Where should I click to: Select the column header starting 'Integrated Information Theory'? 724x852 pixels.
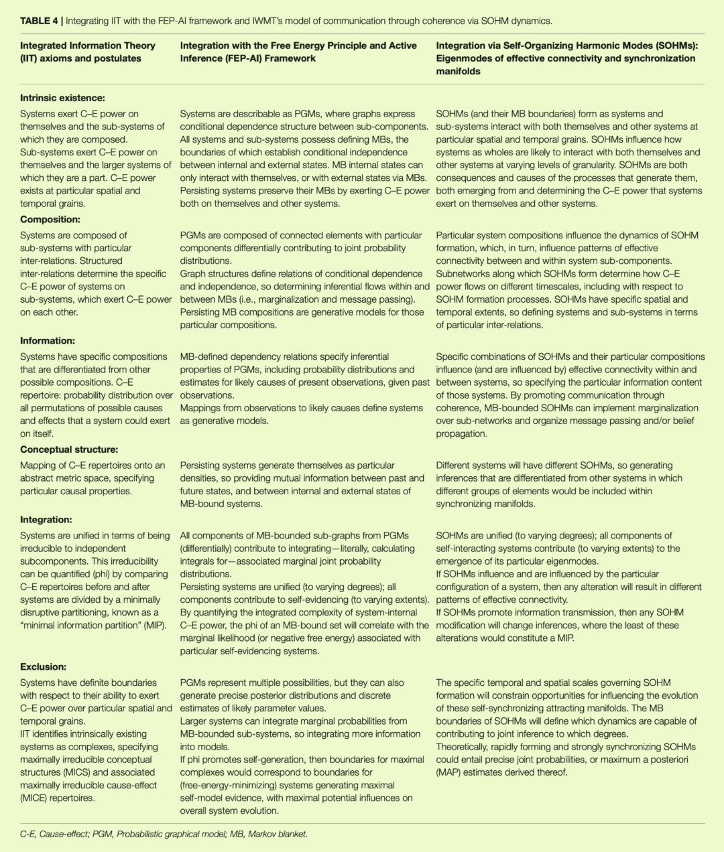(x=88, y=52)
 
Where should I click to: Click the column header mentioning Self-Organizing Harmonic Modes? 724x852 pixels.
(x=567, y=58)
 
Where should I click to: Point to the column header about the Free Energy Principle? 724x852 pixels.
(x=298, y=52)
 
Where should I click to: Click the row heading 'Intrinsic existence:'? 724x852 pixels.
(x=62, y=98)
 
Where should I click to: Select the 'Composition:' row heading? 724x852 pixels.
(x=50, y=220)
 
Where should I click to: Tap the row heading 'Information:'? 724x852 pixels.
(x=48, y=341)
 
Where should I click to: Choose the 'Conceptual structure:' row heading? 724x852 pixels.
(x=69, y=449)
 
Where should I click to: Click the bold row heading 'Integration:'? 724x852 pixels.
(x=46, y=520)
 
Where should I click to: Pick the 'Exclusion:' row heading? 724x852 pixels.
(x=44, y=667)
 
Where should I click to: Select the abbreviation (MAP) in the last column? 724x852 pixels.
(x=450, y=772)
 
